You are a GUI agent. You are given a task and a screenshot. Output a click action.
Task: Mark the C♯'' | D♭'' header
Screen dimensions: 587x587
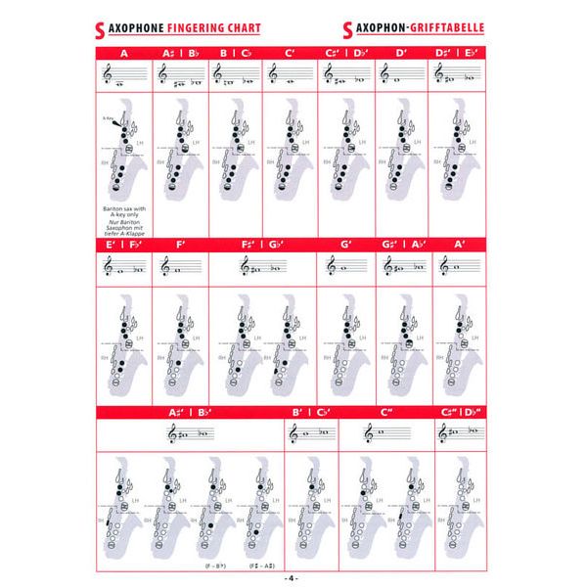[x=457, y=413]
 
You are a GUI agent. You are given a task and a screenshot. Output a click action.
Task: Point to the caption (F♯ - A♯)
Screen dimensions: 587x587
[x=261, y=565]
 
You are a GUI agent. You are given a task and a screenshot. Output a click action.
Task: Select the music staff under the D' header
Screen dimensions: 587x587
[x=401, y=72]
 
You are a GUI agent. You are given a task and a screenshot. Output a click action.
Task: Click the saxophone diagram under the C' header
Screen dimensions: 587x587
[x=290, y=157]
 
